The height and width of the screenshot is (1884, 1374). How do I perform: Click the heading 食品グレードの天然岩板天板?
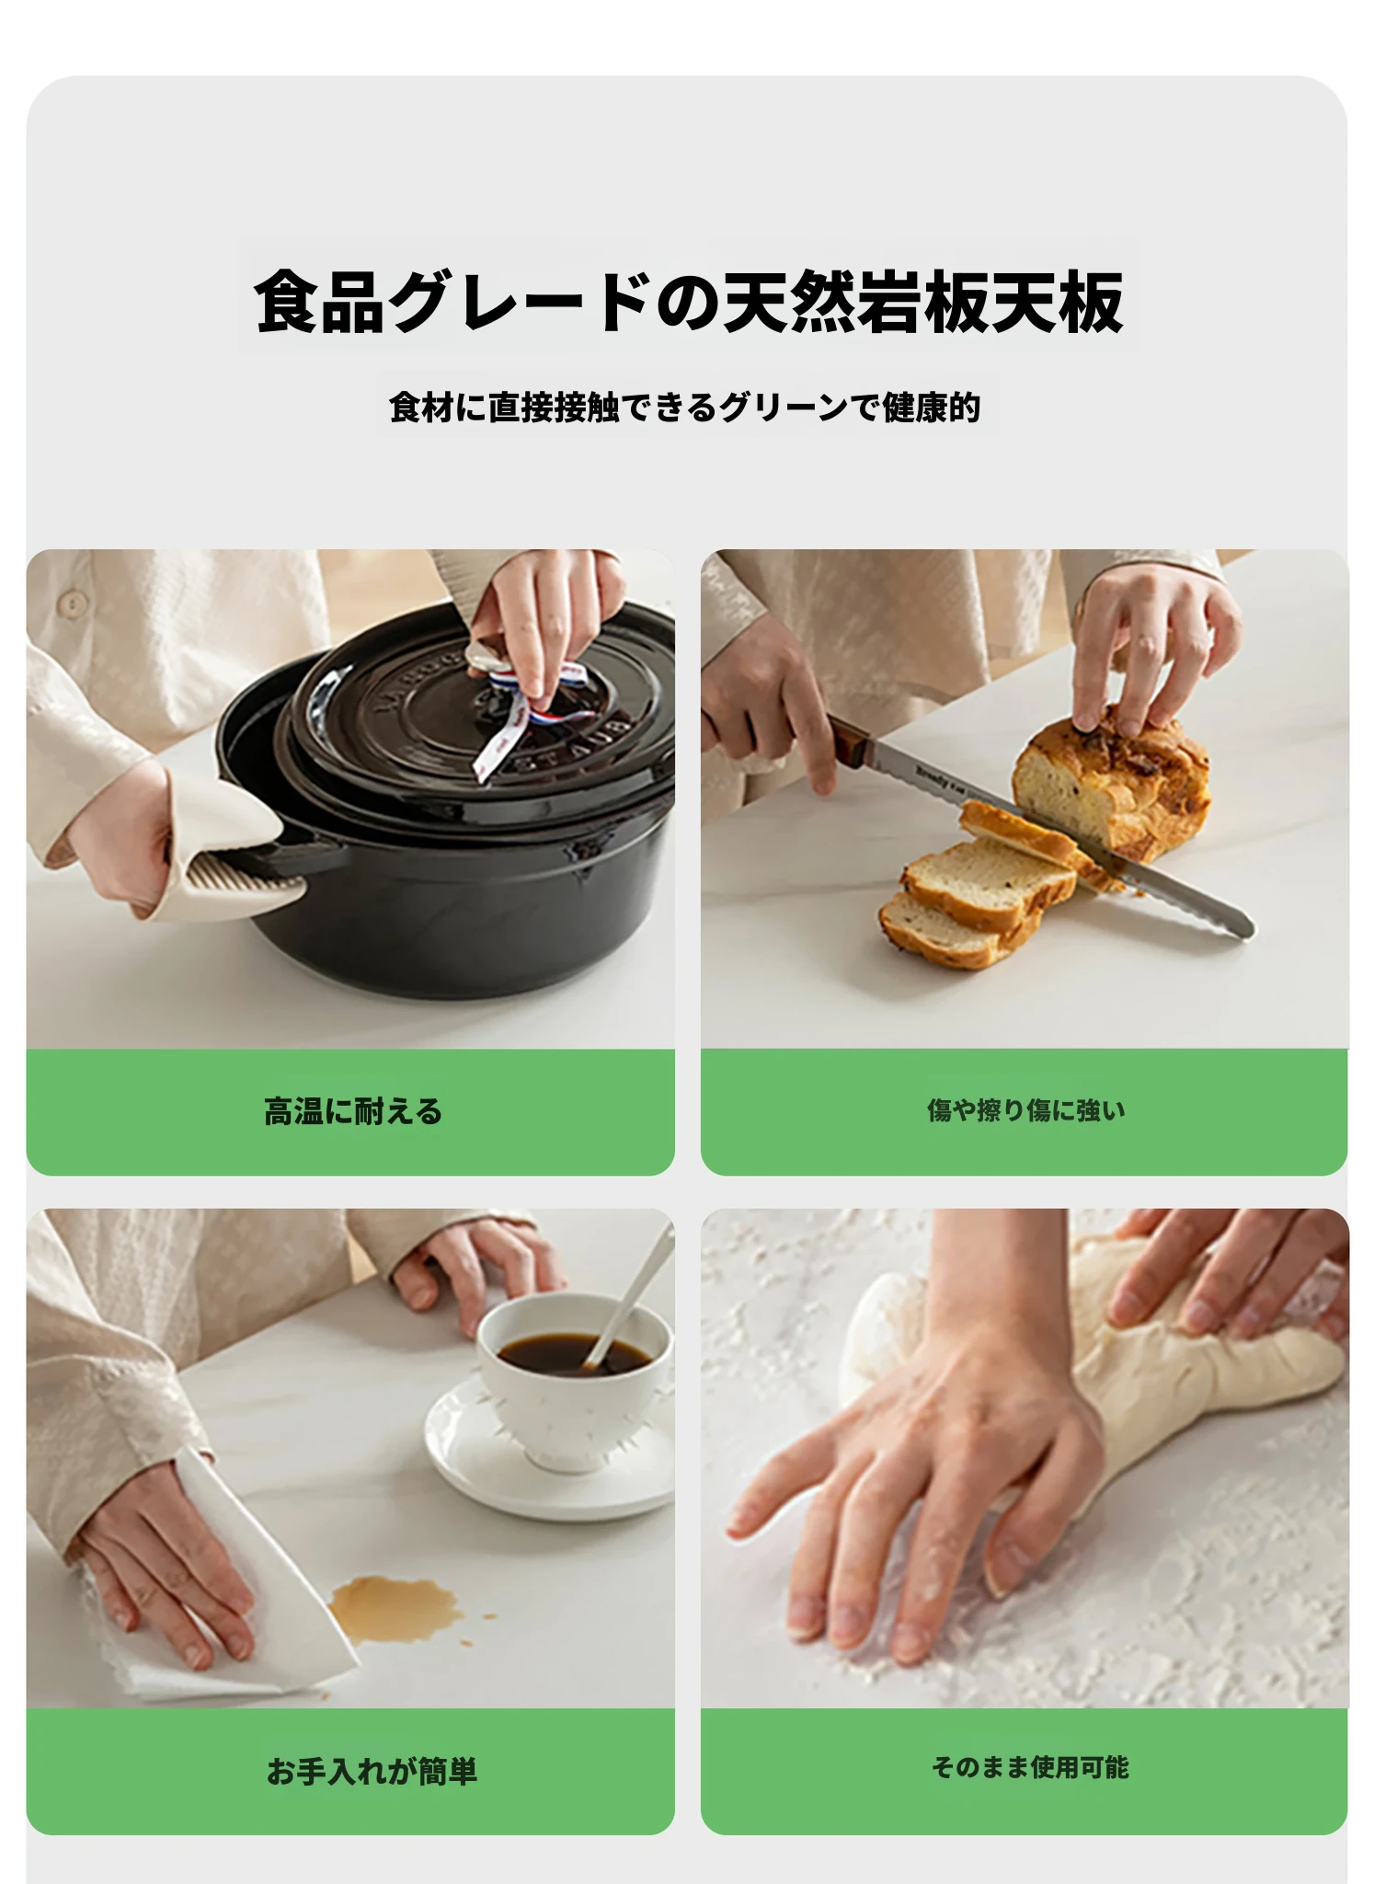(688, 301)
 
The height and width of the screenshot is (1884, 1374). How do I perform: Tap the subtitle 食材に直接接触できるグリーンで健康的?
(685, 407)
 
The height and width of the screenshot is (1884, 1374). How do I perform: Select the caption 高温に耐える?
(353, 1111)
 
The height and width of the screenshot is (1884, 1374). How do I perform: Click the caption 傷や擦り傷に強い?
(1025, 1110)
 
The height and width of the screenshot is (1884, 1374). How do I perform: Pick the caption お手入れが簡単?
(372, 1771)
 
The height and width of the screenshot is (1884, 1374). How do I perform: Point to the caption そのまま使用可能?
(1029, 1767)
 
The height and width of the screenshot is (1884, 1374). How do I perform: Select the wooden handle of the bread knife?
(851, 742)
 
